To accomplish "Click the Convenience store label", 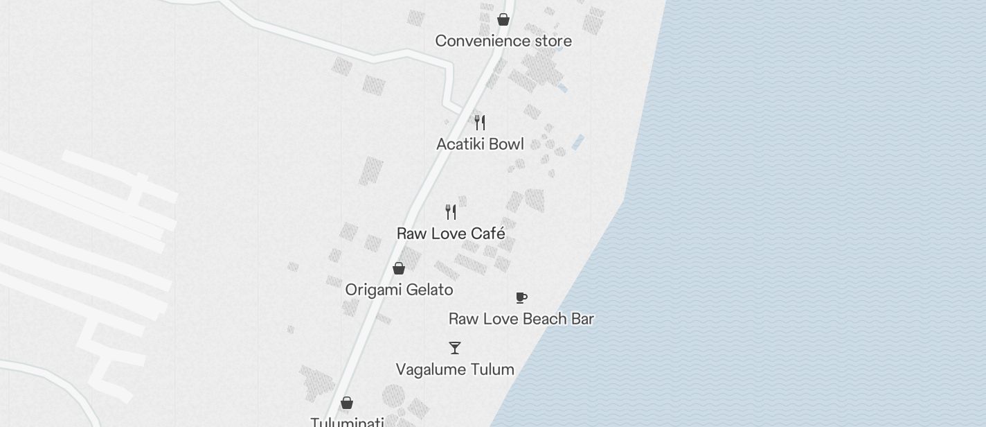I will pos(503,41).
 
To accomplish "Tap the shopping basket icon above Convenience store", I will pos(503,19).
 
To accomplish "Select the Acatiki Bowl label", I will pos(480,144).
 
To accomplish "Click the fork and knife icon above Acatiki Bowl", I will pos(480,123).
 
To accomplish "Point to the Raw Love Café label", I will pos(451,234).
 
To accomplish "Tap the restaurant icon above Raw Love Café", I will pos(451,211).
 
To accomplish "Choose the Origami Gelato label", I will pos(399,290).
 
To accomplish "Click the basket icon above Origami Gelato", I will pos(399,268).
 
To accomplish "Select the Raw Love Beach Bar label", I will pos(521,319).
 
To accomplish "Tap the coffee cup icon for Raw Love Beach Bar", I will pos(521,298).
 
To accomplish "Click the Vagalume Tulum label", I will pos(455,369).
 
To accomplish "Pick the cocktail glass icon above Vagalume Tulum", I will pos(455,348).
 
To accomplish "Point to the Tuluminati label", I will pos(347,421).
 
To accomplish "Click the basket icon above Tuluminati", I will pos(347,403).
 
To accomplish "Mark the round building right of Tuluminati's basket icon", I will pos(393,397).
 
